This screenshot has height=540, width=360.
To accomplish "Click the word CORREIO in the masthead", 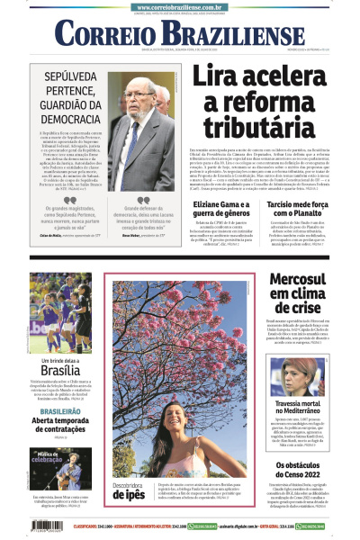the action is pyautogui.click(x=107, y=34).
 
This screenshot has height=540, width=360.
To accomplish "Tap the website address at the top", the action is pyautogui.click(x=180, y=6).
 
